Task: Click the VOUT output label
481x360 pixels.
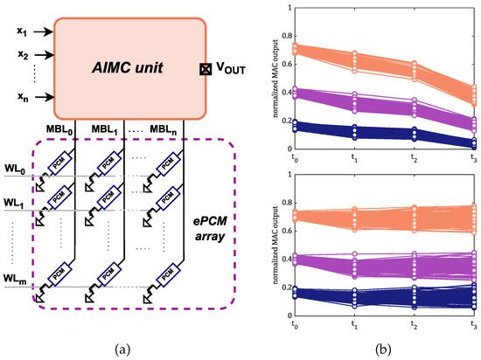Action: coord(234,67)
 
